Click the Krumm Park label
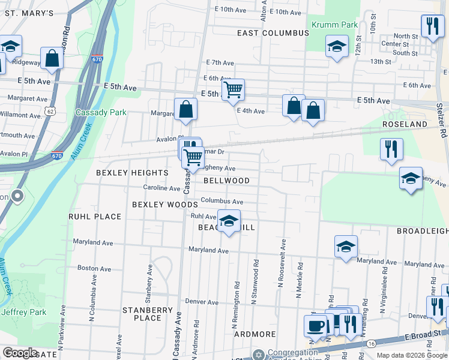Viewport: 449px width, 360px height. coord(334,25)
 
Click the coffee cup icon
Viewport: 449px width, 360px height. coord(316,327)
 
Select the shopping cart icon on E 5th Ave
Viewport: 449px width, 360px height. coord(232,91)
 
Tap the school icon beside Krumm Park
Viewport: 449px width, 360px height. coord(337,46)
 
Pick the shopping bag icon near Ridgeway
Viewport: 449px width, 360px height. coord(52,59)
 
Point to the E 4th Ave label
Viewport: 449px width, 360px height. coord(251,111)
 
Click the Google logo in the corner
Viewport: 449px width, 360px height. coord(20,353)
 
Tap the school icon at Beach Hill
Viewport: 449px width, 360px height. coord(228,222)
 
